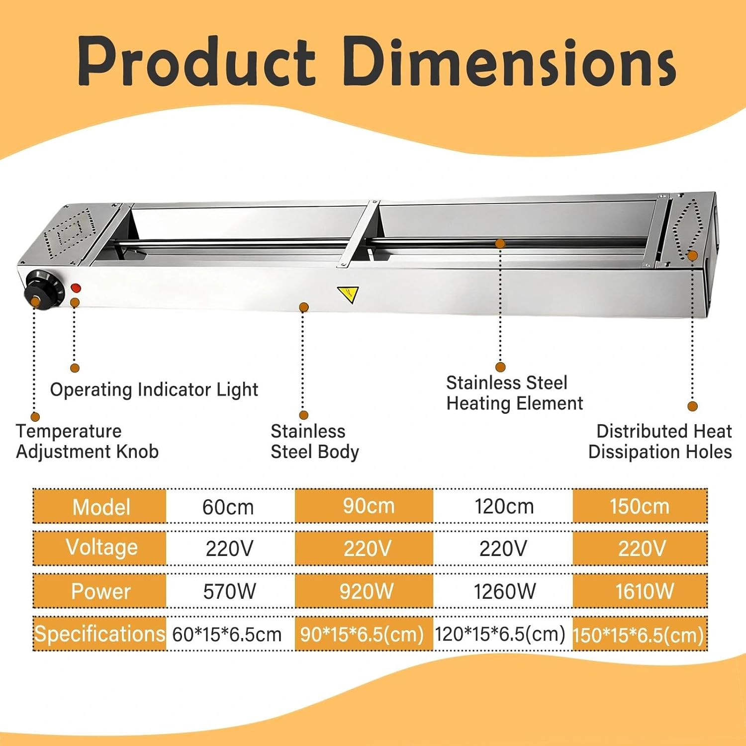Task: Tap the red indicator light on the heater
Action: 76,288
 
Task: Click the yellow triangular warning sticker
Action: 348,294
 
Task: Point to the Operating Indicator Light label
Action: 154,390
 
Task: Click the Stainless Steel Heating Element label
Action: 514,393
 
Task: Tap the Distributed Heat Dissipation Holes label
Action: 660,441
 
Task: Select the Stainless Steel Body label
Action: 314,442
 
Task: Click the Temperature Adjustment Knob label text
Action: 87,441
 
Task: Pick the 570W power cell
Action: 229,591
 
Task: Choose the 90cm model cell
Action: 369,506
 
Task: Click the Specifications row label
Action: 99,634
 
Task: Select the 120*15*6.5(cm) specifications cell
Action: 500,634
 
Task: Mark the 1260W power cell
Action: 504,591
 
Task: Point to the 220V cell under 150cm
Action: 642,549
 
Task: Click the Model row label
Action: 101,507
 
